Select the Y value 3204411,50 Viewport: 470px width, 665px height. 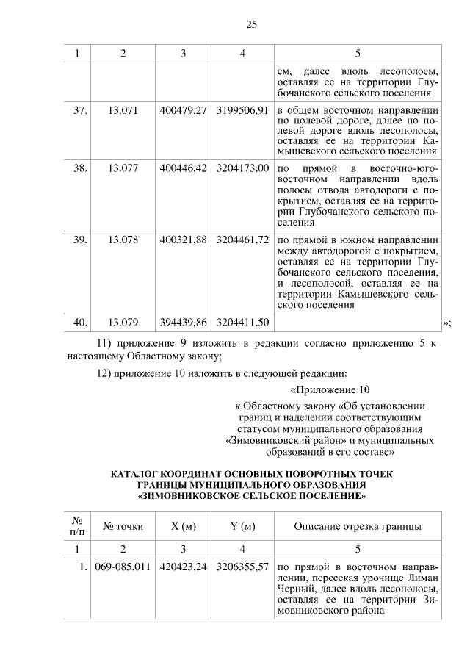(x=242, y=322)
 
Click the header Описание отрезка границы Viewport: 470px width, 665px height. (x=357, y=526)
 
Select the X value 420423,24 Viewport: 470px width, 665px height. (x=183, y=568)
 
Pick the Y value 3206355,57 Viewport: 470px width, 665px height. (x=242, y=568)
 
